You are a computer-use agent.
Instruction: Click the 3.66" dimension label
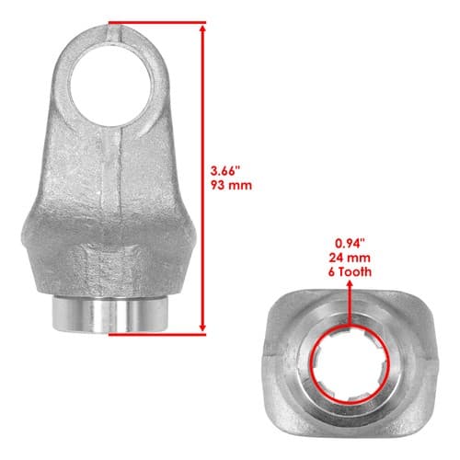click(x=225, y=171)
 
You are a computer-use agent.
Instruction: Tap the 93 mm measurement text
click(x=231, y=185)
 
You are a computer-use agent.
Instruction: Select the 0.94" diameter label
click(x=350, y=244)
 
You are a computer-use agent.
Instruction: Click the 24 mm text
click(x=350, y=258)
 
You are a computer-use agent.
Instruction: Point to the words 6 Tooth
click(x=350, y=271)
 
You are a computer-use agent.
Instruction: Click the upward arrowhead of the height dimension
click(x=202, y=29)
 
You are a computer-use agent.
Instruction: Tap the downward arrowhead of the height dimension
click(x=202, y=328)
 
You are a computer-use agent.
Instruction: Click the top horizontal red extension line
click(x=157, y=22)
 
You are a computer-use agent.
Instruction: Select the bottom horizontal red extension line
click(x=157, y=334)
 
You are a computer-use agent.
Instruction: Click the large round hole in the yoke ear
click(x=110, y=86)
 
